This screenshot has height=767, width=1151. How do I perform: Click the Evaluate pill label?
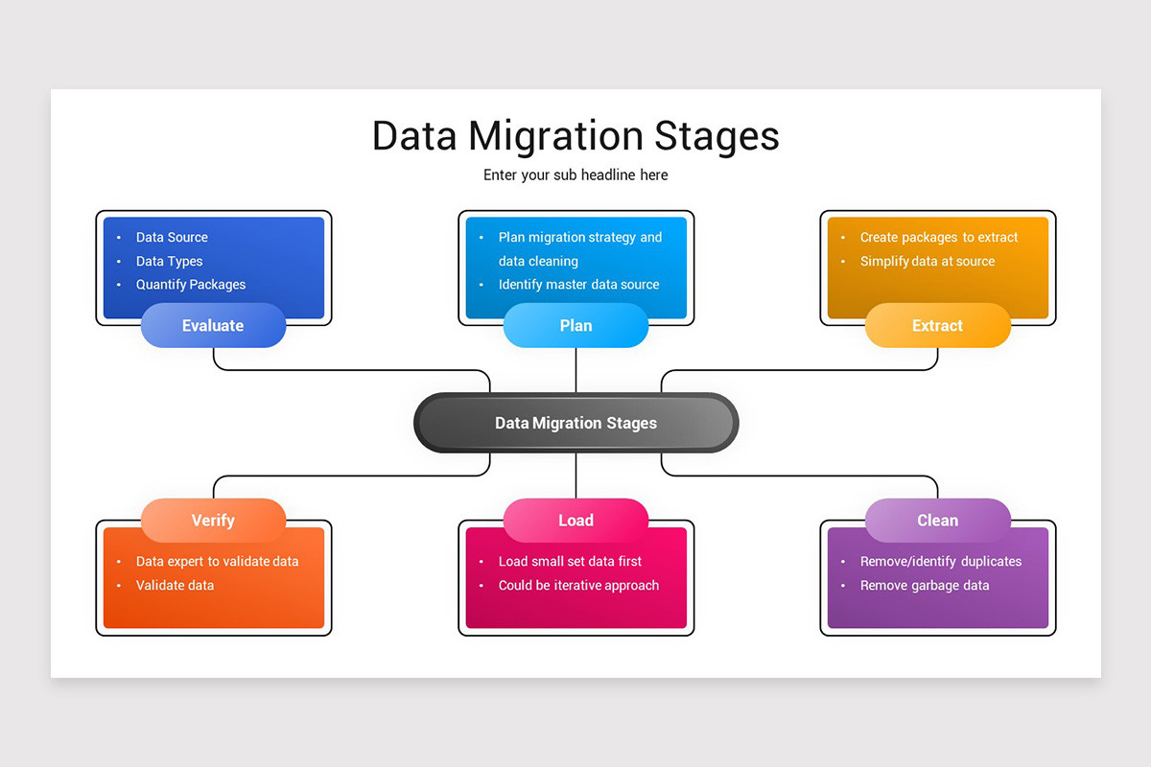click(213, 326)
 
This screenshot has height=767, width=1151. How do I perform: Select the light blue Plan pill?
click(575, 326)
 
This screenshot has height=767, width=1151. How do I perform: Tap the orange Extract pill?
click(937, 326)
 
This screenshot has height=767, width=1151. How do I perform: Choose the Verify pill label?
click(213, 521)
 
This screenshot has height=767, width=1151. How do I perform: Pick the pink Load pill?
click(575, 521)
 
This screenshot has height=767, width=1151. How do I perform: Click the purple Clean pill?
click(937, 521)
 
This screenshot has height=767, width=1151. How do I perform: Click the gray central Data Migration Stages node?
click(575, 423)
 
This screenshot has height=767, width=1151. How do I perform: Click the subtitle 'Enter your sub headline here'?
click(575, 175)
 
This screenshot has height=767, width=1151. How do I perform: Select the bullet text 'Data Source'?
click(172, 238)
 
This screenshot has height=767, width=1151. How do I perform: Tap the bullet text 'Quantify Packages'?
click(191, 285)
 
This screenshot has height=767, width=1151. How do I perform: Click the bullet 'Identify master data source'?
click(578, 285)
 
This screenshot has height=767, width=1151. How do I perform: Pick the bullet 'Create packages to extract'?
click(939, 238)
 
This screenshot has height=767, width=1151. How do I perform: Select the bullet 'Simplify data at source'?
click(928, 262)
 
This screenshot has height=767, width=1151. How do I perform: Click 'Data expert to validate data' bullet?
click(217, 562)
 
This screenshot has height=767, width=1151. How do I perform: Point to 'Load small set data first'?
click(570, 562)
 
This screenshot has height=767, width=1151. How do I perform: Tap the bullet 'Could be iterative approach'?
click(578, 586)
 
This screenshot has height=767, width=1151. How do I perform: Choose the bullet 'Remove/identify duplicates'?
click(941, 562)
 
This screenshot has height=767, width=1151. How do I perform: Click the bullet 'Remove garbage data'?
click(925, 586)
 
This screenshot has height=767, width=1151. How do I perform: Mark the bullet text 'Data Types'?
click(169, 262)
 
